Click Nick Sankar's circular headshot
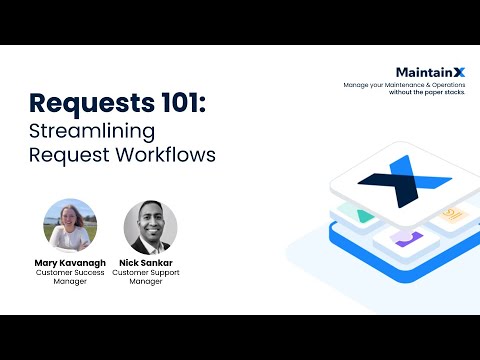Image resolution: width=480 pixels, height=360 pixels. pos(150,227)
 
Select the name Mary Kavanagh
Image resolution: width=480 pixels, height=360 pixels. pos(70,262)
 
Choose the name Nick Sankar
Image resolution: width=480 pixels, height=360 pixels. pos(150,262)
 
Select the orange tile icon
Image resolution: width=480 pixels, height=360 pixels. pos(452,213)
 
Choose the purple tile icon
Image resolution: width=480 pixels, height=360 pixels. pos(405,238)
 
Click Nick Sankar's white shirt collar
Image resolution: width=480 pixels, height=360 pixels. pos(150,244)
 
